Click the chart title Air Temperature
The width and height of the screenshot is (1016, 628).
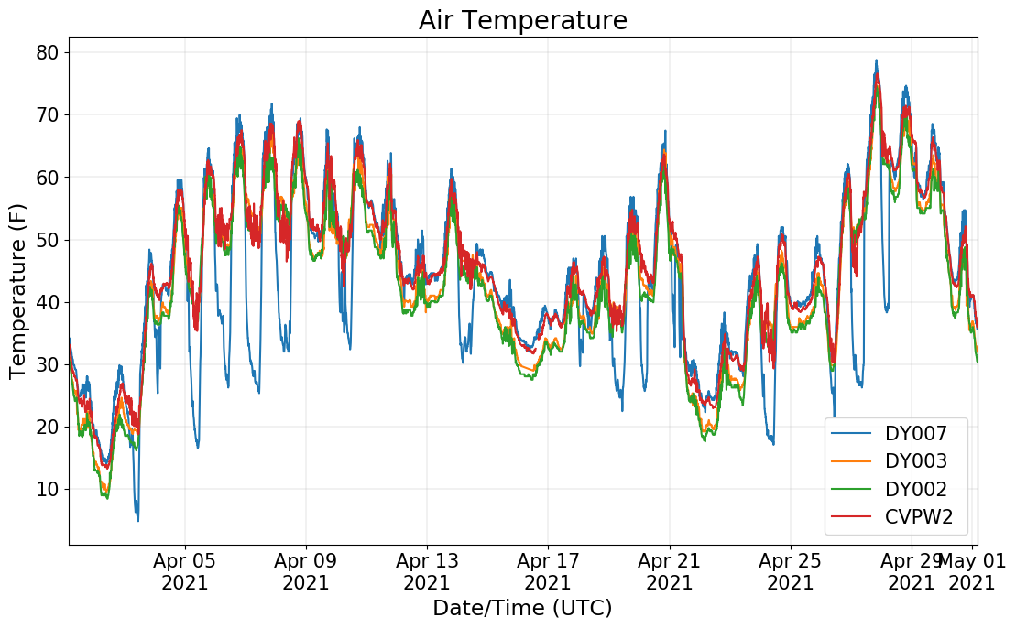point(522,20)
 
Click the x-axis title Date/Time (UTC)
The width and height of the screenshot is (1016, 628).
point(522,608)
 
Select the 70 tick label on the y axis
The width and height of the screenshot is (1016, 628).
point(48,114)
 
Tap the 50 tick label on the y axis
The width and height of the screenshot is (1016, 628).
point(48,240)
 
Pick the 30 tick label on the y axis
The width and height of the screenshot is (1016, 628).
point(48,364)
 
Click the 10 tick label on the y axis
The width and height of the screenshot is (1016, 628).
point(48,489)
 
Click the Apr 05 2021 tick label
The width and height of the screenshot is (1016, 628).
point(185,571)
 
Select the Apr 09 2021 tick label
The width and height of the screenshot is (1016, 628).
point(306,571)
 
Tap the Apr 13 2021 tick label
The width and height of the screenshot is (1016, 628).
point(427,571)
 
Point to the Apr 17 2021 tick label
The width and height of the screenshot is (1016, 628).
point(548,571)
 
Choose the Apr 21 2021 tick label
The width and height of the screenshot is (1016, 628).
point(669,571)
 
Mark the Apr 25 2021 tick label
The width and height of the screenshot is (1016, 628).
point(790,571)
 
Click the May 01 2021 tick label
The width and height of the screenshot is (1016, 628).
point(972,571)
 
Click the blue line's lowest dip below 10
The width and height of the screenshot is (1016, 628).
point(137,520)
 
